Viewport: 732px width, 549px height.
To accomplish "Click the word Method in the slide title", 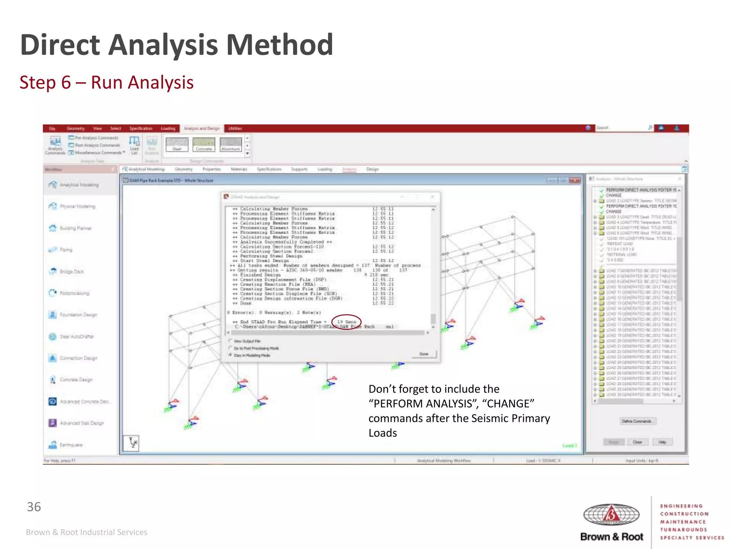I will (x=280, y=45).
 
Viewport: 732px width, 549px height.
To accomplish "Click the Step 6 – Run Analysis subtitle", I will (x=107, y=83).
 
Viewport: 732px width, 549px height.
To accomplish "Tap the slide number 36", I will (x=34, y=507).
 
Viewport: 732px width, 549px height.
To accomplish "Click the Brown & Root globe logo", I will (x=611, y=515).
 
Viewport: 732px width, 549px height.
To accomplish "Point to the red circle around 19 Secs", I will (x=346, y=322).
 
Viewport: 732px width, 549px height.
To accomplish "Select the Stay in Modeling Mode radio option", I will (x=231, y=355).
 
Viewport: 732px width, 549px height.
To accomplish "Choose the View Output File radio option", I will (x=231, y=341).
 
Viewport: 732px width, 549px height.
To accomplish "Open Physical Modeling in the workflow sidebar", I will (x=77, y=207).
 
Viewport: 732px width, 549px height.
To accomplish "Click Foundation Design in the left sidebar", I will (x=78, y=315).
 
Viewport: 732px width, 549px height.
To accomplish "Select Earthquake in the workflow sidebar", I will (x=71, y=445).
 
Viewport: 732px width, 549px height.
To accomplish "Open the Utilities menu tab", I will (x=235, y=128).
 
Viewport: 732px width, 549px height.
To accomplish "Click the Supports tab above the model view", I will (x=299, y=169).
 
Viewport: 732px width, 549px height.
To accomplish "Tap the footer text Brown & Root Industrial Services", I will (x=86, y=532).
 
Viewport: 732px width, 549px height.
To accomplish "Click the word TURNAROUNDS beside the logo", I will (x=683, y=530).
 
